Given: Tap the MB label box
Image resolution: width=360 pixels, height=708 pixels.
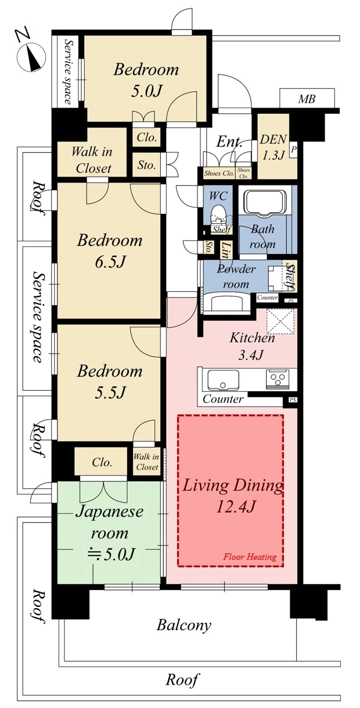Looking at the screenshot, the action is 307,99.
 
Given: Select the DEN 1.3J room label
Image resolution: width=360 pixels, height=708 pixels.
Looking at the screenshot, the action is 273,146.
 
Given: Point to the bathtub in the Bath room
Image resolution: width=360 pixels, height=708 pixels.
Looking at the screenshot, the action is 265,202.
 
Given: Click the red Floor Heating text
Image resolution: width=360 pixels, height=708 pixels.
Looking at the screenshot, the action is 250,557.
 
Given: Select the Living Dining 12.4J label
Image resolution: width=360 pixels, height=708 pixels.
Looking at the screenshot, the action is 232,496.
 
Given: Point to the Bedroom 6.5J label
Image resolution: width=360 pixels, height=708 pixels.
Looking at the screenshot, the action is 110,251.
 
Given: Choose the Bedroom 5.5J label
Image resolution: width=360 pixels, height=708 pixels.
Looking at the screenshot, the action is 110,381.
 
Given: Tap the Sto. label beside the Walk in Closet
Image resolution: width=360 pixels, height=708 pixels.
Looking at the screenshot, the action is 146,165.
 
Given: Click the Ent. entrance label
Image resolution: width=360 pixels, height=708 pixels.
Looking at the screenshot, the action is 229,142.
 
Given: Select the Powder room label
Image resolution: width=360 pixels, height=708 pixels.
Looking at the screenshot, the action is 236,277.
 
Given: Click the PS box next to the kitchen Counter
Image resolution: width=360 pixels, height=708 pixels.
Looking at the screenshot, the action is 293,400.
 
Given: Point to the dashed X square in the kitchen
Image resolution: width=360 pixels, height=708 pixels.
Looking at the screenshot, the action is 280,321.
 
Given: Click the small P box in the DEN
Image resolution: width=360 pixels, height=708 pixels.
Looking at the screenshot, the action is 293,149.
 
